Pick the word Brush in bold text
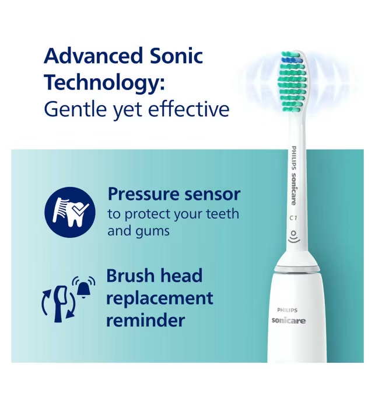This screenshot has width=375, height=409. pyautogui.click(x=131, y=275)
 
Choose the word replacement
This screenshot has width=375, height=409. pyautogui.click(x=160, y=298)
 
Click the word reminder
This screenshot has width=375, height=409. pyautogui.click(x=146, y=320)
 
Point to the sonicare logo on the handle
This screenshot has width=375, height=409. pyautogui.click(x=289, y=320)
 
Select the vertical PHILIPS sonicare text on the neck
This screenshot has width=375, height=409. pyautogui.click(x=293, y=175)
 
